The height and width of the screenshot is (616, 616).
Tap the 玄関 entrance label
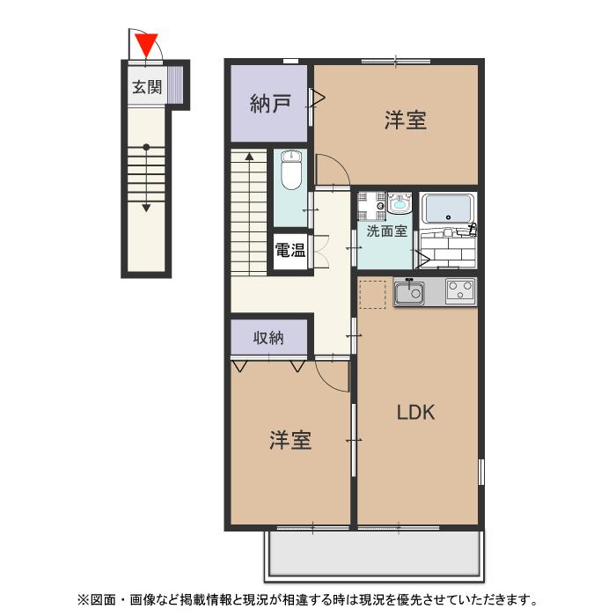click(147, 87)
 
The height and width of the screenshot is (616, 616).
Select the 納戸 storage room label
click(270, 106)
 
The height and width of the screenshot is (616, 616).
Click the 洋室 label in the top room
click(405, 121)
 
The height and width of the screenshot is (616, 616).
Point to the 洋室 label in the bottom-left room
click(290, 440)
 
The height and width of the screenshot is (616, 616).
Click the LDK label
click(415, 413)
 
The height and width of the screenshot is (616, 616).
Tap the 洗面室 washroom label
click(386, 232)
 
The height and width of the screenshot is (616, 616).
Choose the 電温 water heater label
click(290, 250)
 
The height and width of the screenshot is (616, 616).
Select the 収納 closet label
click(268, 337)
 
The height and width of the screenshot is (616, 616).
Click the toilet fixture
click(291, 172)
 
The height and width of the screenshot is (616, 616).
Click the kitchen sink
click(409, 291)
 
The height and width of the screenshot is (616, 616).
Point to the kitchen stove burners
click(459, 290)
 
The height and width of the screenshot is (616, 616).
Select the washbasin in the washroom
click(400, 205)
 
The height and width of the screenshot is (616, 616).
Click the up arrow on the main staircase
click(249, 157)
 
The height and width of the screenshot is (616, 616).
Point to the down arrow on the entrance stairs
click(147, 207)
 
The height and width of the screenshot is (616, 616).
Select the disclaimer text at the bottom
click(308, 600)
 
